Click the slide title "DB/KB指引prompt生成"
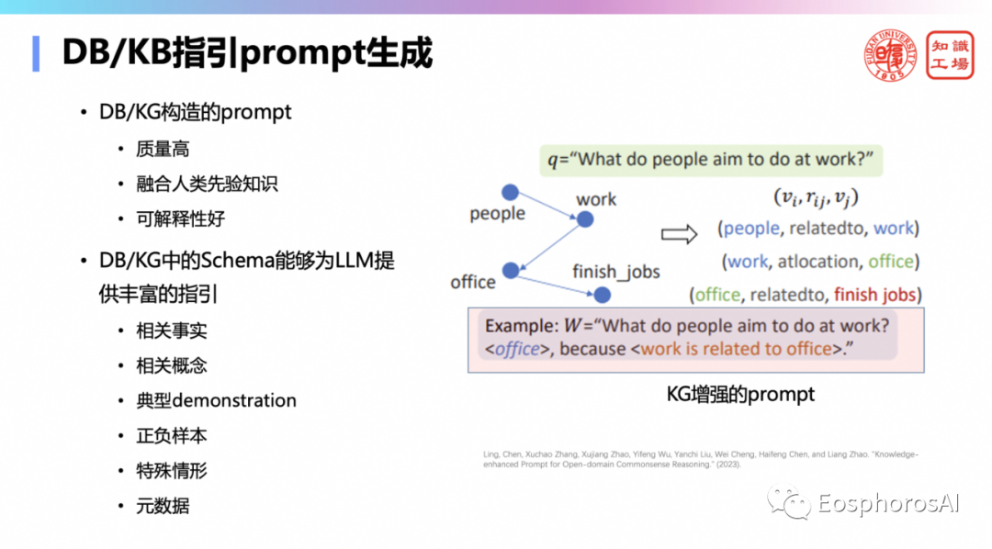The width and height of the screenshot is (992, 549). [247, 53]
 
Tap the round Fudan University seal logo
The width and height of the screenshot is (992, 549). [890, 55]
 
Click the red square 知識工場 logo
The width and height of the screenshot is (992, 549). [949, 55]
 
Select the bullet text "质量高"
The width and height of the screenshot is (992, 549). [163, 148]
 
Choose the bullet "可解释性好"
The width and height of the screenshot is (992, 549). [180, 218]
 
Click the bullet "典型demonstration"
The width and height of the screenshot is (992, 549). [216, 400]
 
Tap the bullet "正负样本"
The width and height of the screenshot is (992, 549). [171, 435]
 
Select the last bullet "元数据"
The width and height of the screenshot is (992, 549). [163, 505]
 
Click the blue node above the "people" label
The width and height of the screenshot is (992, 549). [510, 193]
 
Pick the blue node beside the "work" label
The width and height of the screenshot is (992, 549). [585, 218]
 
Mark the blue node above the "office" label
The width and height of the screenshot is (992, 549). [511, 270]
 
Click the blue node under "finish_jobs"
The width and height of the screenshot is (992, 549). [603, 295]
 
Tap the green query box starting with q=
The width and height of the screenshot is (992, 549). [711, 160]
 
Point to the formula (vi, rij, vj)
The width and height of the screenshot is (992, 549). [816, 197]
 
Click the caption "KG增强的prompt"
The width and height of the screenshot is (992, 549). [740, 395]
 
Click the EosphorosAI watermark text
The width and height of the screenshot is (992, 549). [887, 503]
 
